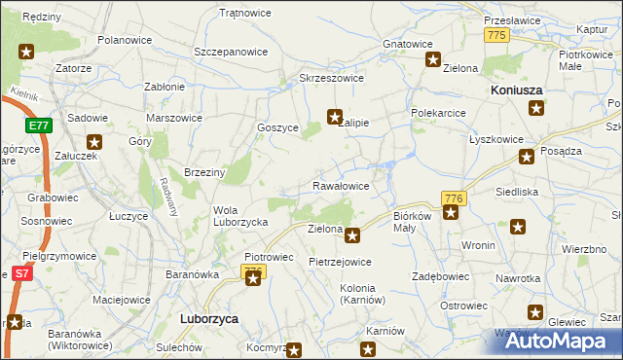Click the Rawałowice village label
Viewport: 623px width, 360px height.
(x=340, y=185)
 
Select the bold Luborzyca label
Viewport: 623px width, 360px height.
(x=210, y=318)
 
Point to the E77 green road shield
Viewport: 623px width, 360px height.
(x=38, y=126)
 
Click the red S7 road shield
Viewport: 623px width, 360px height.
(x=19, y=275)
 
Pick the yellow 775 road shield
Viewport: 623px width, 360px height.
(x=496, y=34)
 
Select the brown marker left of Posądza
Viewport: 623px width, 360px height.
(x=528, y=156)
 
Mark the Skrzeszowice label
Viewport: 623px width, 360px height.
(x=331, y=78)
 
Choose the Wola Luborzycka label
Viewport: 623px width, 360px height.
(x=240, y=216)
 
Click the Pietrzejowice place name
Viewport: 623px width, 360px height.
(x=340, y=262)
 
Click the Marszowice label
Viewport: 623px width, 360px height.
(x=173, y=118)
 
